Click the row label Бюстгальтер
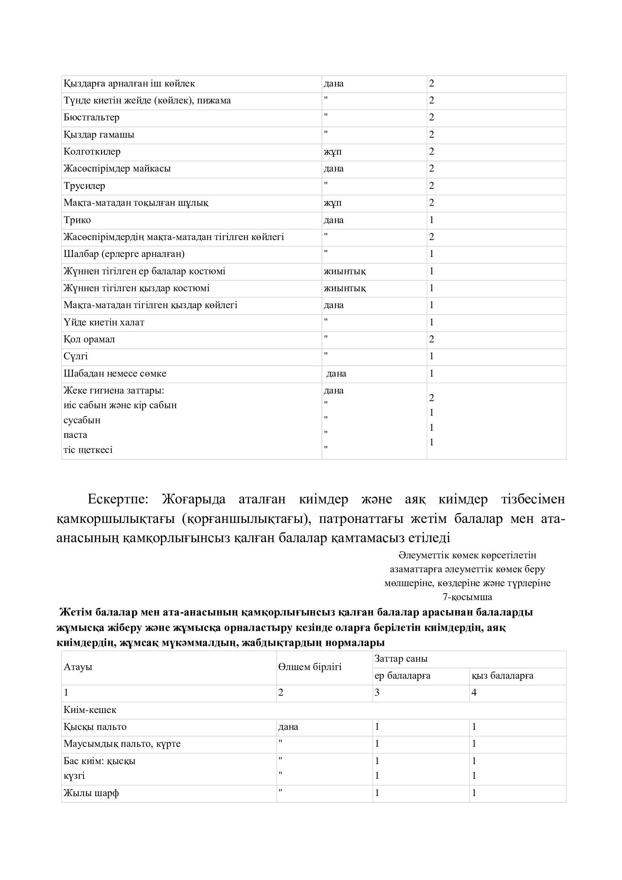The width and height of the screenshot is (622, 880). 91,117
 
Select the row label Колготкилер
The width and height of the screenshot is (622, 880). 92,151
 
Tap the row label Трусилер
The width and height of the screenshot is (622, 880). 84,186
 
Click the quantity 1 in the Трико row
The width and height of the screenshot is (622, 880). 432,220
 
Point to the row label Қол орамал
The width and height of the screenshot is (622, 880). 89,339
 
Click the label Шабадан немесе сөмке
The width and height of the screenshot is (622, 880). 115,373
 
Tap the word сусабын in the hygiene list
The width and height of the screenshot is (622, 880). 82,420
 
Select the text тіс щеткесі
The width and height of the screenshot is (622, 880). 88,450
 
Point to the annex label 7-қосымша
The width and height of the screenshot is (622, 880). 467,597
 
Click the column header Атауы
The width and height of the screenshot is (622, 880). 78,667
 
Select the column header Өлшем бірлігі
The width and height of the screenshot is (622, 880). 310,667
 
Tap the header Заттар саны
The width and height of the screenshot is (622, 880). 401,659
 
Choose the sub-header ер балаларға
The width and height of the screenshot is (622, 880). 402,676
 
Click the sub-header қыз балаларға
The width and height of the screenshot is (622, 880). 502,676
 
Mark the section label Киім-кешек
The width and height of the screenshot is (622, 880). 90,710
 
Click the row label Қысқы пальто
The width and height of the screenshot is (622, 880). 95,727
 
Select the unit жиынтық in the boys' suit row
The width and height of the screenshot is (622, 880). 345,271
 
